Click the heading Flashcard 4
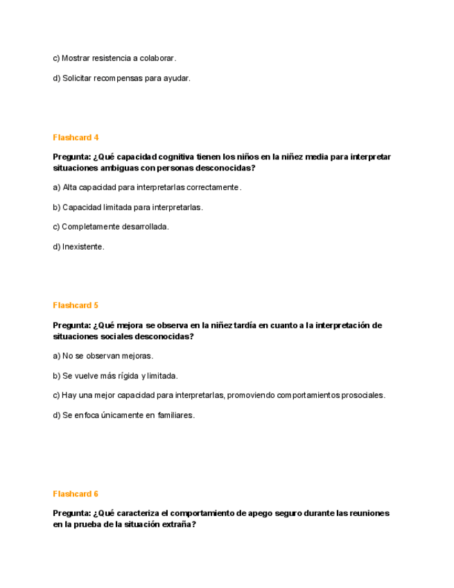point(76,137)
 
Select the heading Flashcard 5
point(76,305)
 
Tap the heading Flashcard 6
point(76,494)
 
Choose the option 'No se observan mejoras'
point(103,356)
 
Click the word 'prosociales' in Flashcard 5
point(361,395)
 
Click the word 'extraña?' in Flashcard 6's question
point(178,525)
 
